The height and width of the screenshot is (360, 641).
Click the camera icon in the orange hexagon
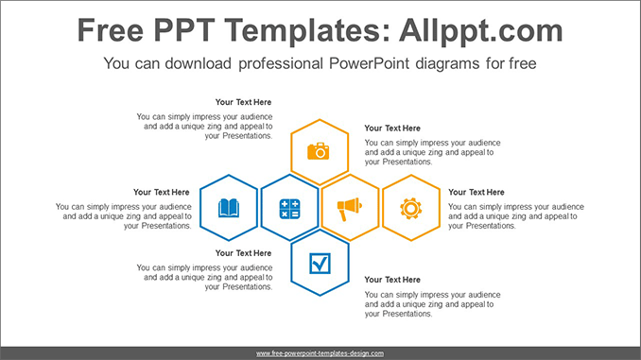pyautogui.click(x=320, y=150)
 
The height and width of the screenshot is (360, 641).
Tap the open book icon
pyautogui.click(x=229, y=208)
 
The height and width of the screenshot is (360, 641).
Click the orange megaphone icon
pyautogui.click(x=350, y=207)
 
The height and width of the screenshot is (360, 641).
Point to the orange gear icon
pyautogui.click(x=410, y=208)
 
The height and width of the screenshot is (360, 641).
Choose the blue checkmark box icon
pyautogui.click(x=320, y=265)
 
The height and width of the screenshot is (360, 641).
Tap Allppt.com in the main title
pyautogui.click(x=475, y=31)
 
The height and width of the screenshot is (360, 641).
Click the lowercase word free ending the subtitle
pyautogui.click(x=521, y=65)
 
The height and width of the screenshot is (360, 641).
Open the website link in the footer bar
pyautogui.click(x=320, y=353)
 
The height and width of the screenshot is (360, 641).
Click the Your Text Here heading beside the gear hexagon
pyautogui.click(x=476, y=193)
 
